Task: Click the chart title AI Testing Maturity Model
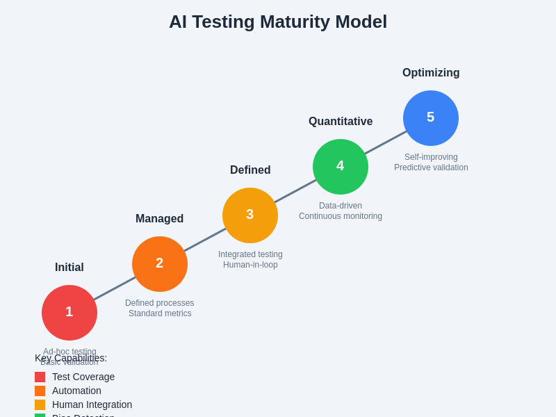click(x=278, y=22)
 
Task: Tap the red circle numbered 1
click(x=69, y=313)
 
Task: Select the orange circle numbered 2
click(x=160, y=264)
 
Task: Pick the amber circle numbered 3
click(x=250, y=215)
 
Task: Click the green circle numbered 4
click(x=341, y=167)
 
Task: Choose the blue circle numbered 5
click(x=431, y=118)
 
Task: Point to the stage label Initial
click(x=69, y=268)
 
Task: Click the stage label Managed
click(x=160, y=219)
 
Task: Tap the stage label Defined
click(x=250, y=170)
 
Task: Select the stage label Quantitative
click(x=341, y=122)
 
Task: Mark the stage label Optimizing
click(x=431, y=73)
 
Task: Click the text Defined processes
click(x=160, y=303)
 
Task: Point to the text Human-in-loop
click(x=250, y=265)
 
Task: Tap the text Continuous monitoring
click(x=341, y=216)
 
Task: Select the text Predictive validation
click(x=431, y=167)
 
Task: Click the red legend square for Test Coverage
click(x=40, y=377)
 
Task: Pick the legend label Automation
click(x=76, y=391)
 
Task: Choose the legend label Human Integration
click(x=92, y=404)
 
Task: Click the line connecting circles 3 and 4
click(x=295, y=191)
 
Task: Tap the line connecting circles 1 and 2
click(x=115, y=288)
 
